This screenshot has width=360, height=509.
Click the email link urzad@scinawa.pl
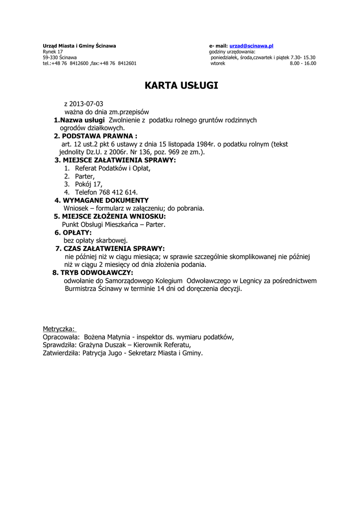click(x=252, y=46)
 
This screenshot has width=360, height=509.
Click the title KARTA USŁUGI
click(x=181, y=86)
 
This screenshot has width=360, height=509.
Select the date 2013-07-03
click(x=87, y=104)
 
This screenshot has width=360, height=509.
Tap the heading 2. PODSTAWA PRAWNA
click(x=95, y=136)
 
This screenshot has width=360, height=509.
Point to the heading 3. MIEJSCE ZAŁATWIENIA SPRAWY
click(x=115, y=161)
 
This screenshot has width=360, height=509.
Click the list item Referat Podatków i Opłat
click(x=112, y=169)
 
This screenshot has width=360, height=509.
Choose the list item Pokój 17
click(x=89, y=184)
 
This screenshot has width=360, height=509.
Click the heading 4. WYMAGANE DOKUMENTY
click(x=101, y=200)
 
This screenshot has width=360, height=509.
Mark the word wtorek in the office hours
click(x=218, y=63)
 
